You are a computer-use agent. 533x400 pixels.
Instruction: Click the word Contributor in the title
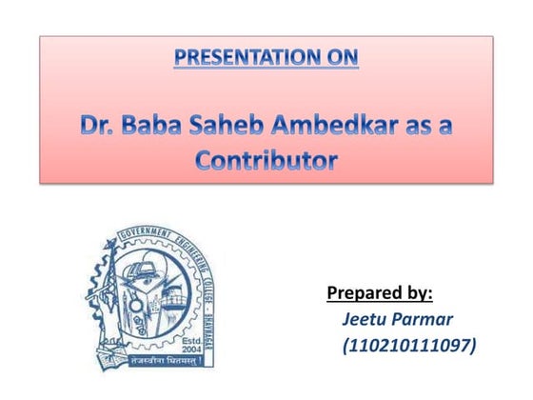coord(266,161)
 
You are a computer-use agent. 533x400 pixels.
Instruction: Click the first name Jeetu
coord(366,318)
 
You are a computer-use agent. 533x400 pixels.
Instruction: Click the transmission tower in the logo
coord(104,286)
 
